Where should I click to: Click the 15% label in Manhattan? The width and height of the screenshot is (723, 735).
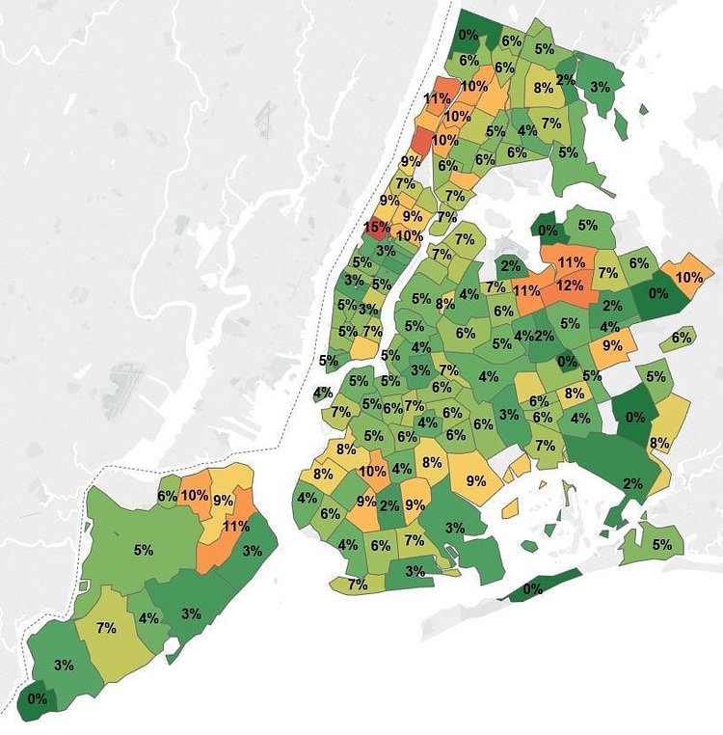click(376, 229)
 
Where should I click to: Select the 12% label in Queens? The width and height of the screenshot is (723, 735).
click(570, 286)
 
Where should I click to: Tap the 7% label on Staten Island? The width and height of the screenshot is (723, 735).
click(106, 628)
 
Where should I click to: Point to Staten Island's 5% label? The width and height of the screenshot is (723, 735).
click(144, 551)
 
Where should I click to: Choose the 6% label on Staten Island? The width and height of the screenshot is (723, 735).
click(167, 496)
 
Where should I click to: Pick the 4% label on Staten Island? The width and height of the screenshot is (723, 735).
click(148, 617)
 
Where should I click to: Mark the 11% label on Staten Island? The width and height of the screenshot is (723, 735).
click(235, 527)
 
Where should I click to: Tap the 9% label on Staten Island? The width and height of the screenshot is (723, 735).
click(223, 501)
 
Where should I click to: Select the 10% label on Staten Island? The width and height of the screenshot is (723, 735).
click(195, 495)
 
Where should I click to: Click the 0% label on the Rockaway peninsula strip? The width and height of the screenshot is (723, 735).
click(532, 588)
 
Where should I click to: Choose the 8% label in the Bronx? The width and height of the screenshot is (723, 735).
click(544, 87)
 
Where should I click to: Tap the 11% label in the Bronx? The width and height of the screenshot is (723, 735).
click(437, 98)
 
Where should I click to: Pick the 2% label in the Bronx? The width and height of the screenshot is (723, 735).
click(566, 79)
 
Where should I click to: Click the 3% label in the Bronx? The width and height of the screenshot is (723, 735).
click(600, 87)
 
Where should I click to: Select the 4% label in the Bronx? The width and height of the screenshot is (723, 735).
click(527, 130)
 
